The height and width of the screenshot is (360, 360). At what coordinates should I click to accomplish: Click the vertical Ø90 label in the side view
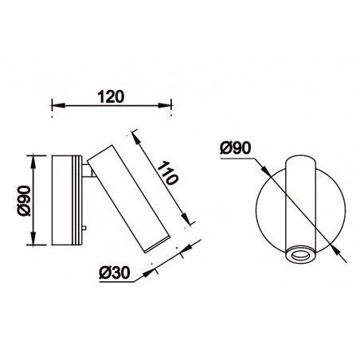(x=23, y=200)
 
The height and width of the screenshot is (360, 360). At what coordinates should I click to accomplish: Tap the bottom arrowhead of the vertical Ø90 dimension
(x=33, y=242)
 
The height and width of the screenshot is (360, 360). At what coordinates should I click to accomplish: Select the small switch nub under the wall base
(x=84, y=232)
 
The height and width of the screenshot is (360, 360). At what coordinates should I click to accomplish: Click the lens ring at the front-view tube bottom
(x=300, y=255)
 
